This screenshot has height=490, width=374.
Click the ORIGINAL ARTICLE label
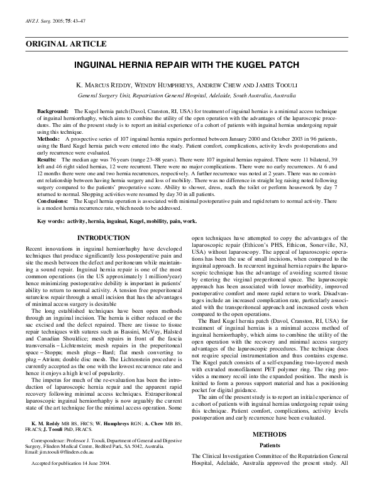[x=66, y=43]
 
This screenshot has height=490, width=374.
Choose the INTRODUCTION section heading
[x=103, y=238]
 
